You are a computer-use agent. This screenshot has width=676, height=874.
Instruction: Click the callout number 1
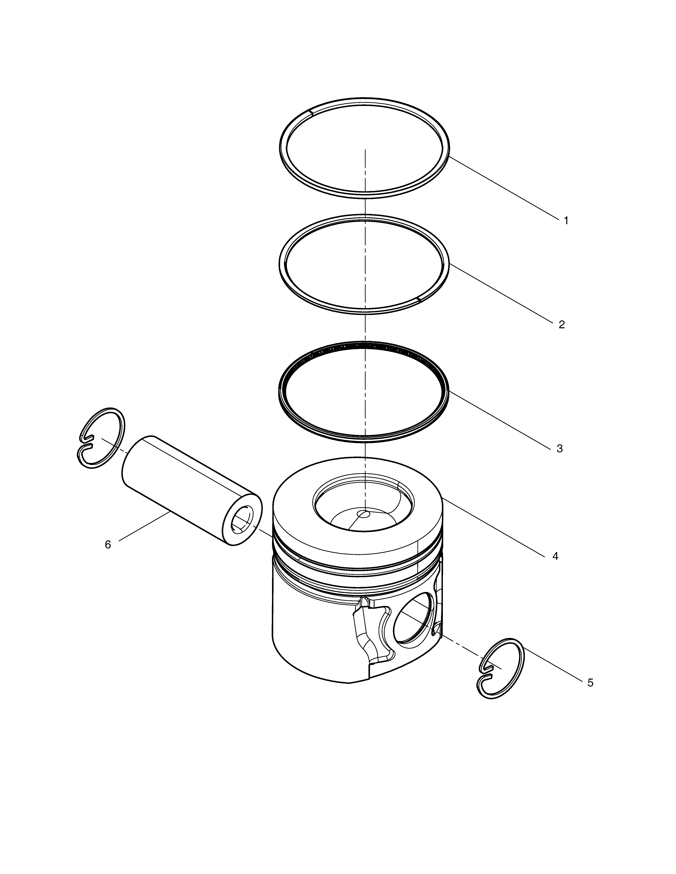566,220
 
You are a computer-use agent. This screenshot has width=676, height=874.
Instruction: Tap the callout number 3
560,449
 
